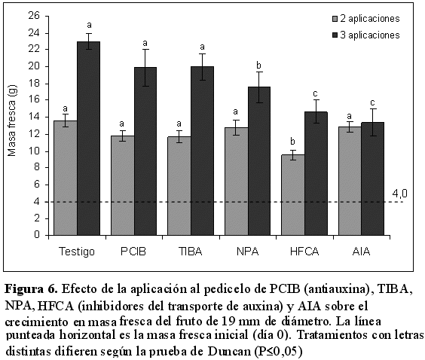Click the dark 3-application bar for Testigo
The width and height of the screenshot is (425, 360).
pos(89,138)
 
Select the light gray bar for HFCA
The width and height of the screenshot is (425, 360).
pos(292,195)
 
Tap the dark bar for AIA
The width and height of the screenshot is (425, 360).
pos(372,178)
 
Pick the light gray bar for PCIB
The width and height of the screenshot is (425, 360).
pos(123,185)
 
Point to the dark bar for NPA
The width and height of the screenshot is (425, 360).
pos(259,161)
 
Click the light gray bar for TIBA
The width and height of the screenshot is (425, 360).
pos(179,186)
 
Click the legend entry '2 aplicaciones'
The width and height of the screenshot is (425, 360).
pos(366,19)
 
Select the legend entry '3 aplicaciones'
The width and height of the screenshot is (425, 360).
pos(366,35)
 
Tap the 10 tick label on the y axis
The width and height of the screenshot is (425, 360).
pos(34,151)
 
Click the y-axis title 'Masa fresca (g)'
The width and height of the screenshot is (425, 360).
pos(12,121)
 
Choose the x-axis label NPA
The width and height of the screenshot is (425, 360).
pos(247,252)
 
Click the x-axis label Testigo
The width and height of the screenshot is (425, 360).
pos(77,252)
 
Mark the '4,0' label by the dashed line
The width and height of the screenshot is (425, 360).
pos(400,194)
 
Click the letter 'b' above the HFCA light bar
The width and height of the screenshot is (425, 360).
pos(292,142)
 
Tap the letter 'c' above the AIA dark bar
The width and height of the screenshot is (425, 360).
pos(372,103)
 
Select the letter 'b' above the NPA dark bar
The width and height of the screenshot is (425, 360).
pos(259,66)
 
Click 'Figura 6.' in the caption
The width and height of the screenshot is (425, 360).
pos(31,289)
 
